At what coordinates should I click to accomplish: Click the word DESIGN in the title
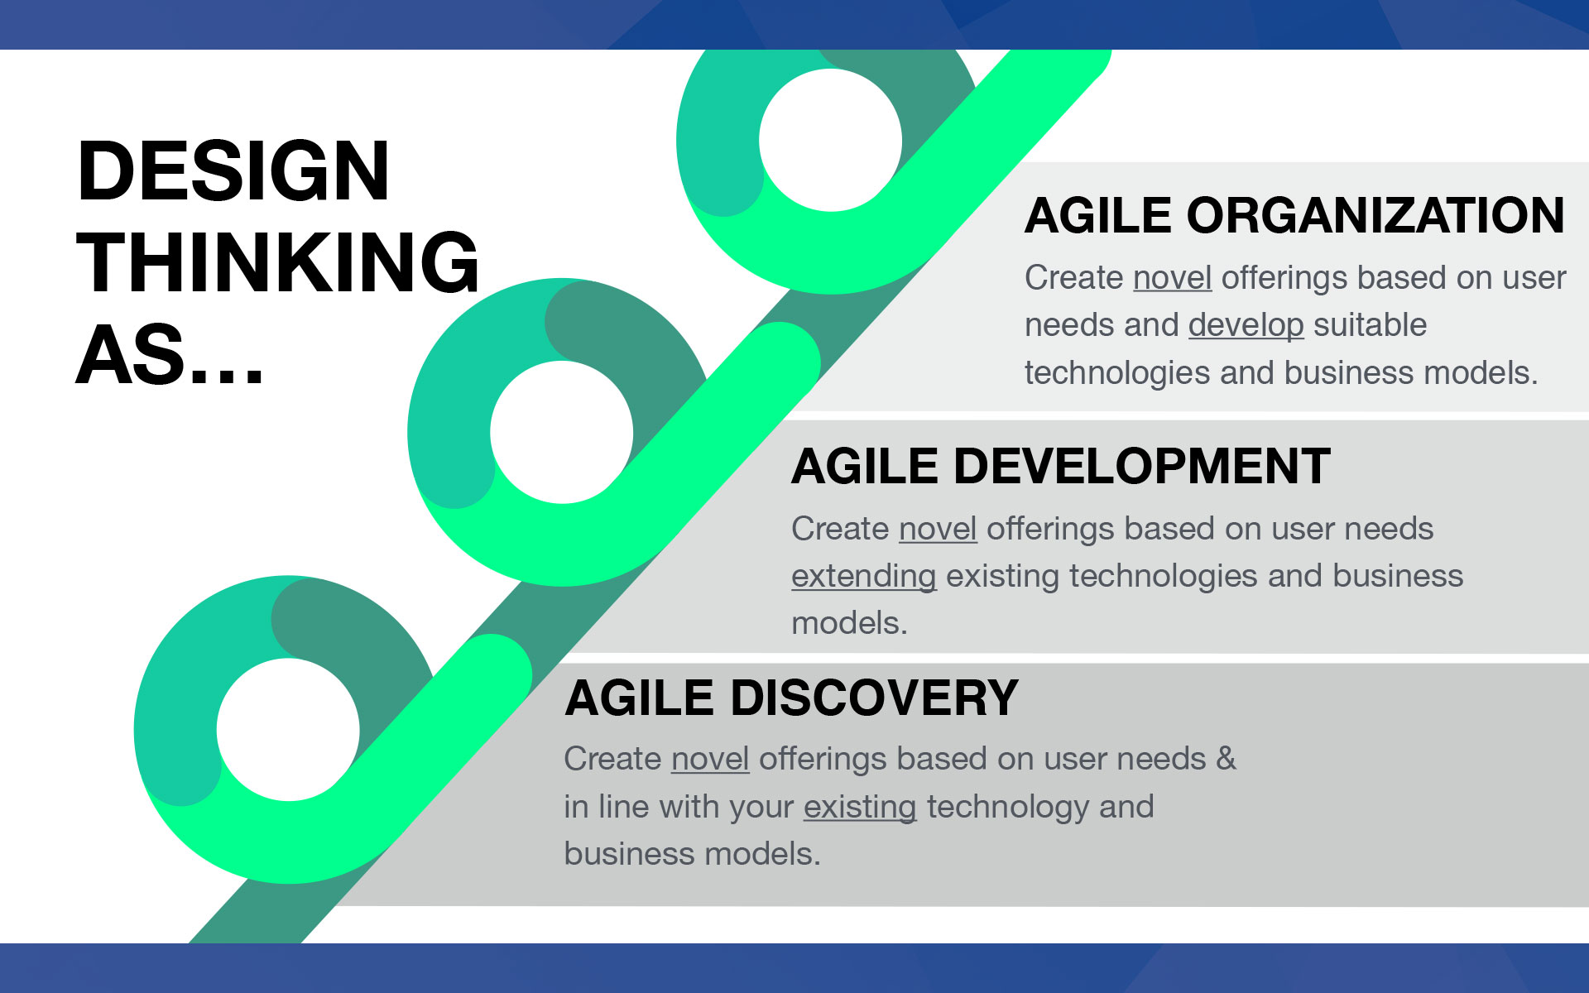tap(233, 170)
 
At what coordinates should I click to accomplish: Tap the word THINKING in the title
tap(277, 262)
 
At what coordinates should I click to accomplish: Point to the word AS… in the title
tap(170, 354)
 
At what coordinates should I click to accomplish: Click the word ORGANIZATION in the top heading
tap(1375, 216)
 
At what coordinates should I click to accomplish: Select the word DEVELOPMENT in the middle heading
tap(1142, 466)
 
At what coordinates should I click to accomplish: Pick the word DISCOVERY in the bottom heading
tap(874, 698)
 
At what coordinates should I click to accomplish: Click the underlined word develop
tap(1246, 326)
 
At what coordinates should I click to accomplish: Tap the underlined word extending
tap(863, 577)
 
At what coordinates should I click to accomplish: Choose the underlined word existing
tap(860, 807)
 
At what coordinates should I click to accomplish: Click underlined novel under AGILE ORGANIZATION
tap(1172, 278)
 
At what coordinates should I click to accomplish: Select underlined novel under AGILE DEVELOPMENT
tap(938, 529)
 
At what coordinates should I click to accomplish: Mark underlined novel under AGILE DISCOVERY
tap(710, 759)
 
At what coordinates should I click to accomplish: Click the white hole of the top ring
tap(830, 140)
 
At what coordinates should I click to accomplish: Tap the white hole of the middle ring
tap(561, 432)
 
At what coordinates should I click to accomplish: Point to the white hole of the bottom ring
tap(288, 729)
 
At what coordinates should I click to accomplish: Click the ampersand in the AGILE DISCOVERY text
tap(1226, 759)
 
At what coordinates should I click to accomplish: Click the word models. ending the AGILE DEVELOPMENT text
tap(849, 623)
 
